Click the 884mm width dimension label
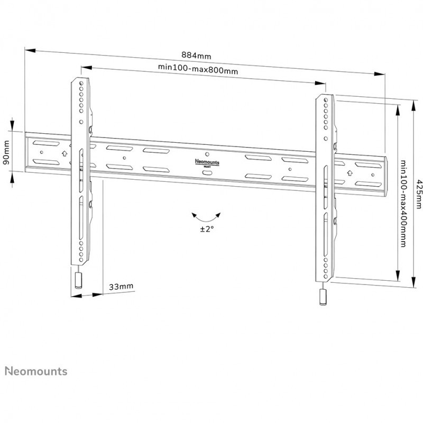click(196, 54)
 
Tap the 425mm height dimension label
click(418, 194)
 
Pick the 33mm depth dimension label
click(121, 287)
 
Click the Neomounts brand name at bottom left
click(36, 371)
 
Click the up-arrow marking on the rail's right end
click(350, 172)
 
